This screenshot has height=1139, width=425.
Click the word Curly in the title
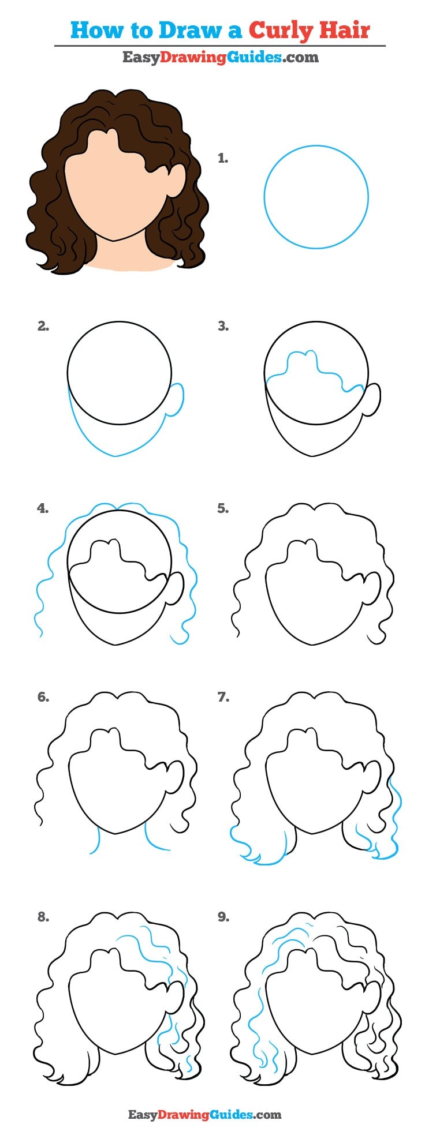pos(281,30)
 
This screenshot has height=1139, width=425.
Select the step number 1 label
pos(223,158)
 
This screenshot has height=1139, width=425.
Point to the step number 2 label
pos(43,327)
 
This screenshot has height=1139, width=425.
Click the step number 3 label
pos(223,327)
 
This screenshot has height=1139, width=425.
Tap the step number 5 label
pos(223,508)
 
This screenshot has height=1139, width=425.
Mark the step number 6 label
pos(43,697)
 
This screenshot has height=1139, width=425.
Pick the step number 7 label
pos(223,697)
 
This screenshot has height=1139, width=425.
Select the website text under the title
pos(220,57)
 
